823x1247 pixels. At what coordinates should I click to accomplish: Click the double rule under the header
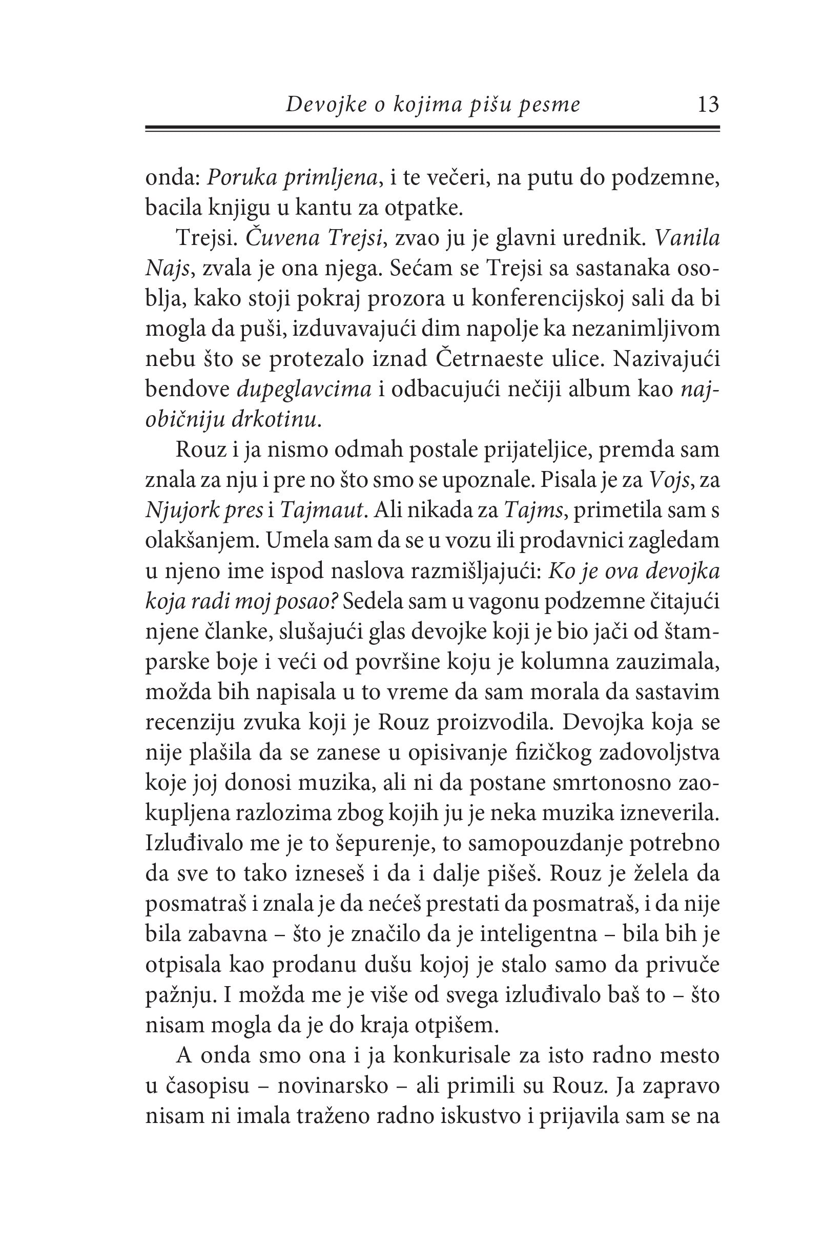click(x=432, y=129)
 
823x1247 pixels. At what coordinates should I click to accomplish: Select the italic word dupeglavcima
click(x=304, y=390)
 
